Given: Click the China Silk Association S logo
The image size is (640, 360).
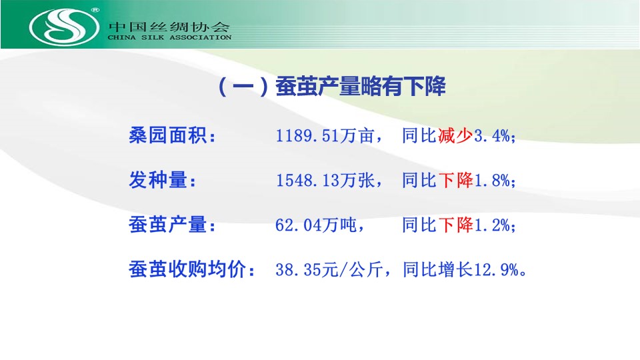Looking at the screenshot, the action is tap(64, 27).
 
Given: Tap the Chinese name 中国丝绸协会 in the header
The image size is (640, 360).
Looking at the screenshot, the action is tap(169, 27).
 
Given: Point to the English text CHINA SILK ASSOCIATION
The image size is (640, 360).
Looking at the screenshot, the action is tap(169, 37).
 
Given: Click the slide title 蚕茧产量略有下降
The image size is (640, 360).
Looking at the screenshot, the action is tap(361, 86).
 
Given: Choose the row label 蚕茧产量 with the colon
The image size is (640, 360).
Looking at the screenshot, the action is tap(172, 225).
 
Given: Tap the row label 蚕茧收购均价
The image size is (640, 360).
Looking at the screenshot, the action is tap(192, 269).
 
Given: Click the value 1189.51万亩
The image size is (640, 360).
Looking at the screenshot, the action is tap(325, 135).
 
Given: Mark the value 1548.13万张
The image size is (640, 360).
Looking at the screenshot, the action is tap(325, 180).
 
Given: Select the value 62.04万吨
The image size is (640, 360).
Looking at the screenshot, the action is tap(316, 225).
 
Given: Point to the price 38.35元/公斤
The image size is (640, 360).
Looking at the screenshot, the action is tap(329, 269).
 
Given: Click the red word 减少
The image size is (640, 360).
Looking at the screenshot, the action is tap(455, 135).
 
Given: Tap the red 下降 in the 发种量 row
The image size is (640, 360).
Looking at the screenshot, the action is tap(455, 180).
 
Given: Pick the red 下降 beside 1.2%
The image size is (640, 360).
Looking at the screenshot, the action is tap(455, 225).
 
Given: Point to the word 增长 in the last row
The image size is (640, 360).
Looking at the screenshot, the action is tap(455, 269).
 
